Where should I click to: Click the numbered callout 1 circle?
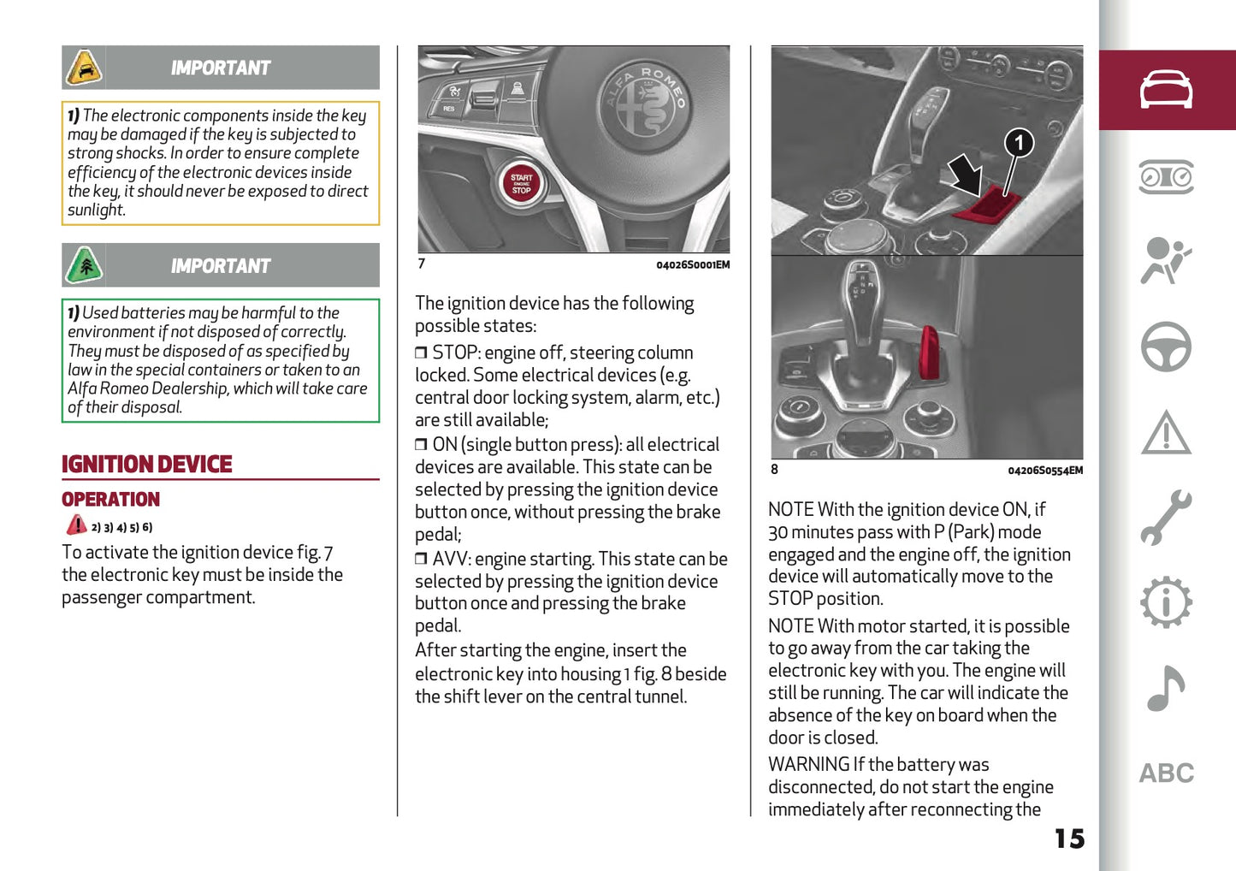[1018, 142]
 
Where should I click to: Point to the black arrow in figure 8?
[967, 174]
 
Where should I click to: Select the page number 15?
[1068, 838]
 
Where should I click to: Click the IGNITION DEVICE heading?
[146, 465]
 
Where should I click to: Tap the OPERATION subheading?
[110, 500]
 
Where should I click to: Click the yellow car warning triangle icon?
[84, 68]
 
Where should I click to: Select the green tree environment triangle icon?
[84, 265]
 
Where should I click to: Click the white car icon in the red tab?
[1166, 90]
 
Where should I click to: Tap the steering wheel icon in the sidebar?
[1166, 347]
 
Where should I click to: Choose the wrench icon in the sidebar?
[1166, 518]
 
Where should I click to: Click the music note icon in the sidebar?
[1166, 689]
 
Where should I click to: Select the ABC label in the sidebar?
[1166, 773]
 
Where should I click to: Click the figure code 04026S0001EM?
[693, 265]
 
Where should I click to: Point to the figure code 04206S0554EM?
[1044, 471]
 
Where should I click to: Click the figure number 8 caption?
[774, 469]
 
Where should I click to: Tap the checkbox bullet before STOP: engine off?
[421, 353]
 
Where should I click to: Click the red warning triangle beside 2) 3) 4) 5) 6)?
[76, 525]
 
